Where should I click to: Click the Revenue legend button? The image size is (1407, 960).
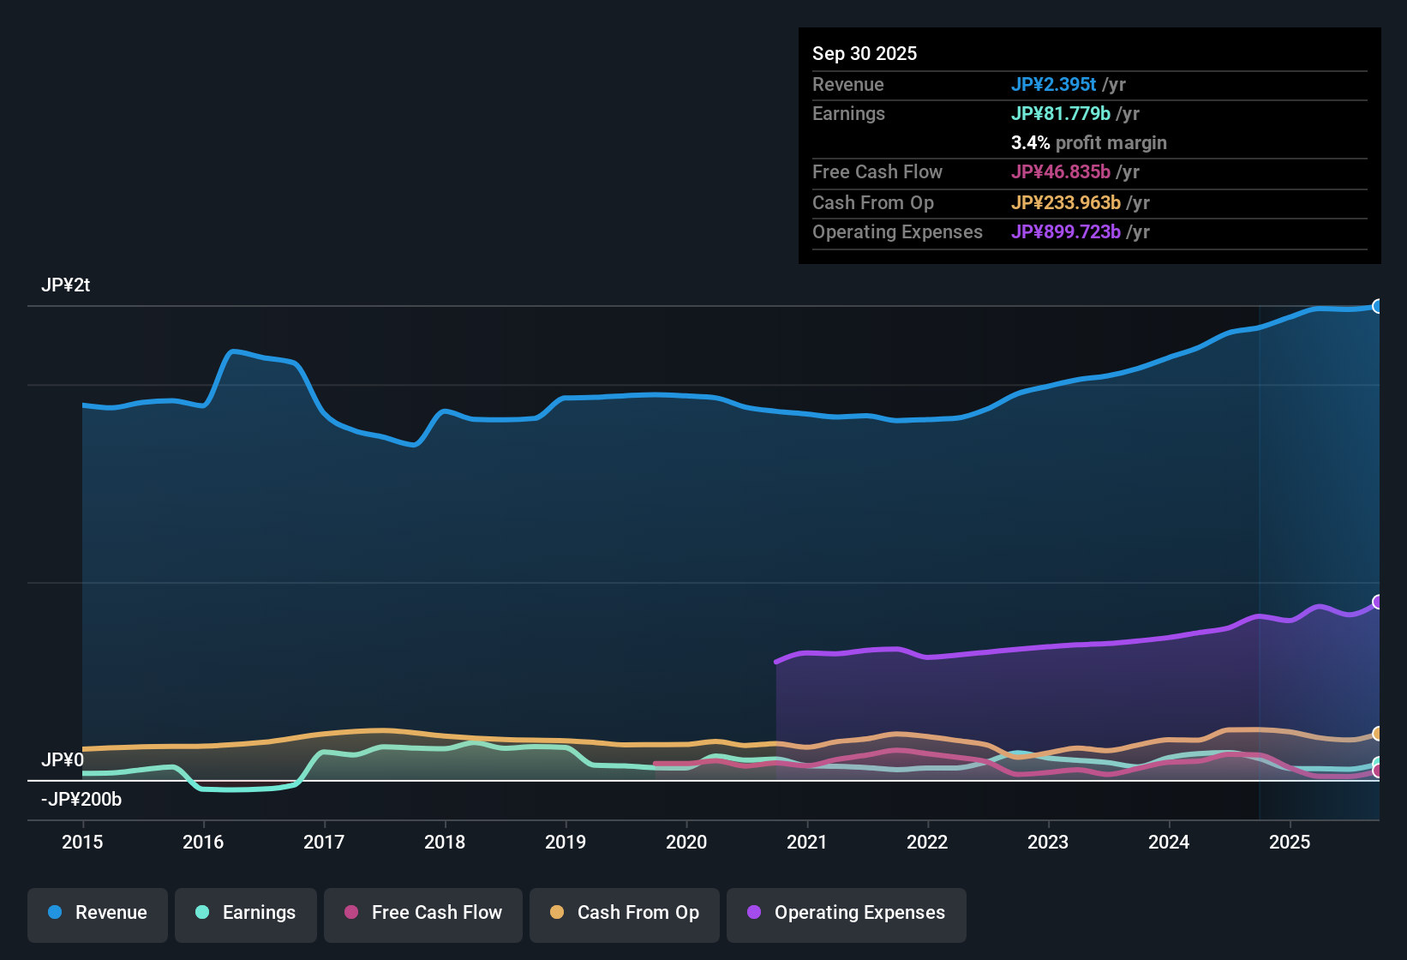coord(98,913)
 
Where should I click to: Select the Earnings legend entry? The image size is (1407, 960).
coord(246,913)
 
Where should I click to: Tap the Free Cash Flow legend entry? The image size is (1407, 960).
coord(423,913)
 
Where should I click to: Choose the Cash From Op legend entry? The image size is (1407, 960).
coord(625,913)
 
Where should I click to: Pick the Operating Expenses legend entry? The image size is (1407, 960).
coord(847,913)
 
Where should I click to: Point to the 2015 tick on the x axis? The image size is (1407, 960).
coord(82,842)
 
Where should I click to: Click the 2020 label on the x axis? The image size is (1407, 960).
coord(686,842)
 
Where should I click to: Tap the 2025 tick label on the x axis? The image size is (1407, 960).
coord(1290,842)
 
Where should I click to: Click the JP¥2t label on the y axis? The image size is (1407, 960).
coord(66,285)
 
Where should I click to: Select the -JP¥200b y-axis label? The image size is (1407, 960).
coord(82,799)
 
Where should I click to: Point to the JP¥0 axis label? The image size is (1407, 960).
coord(63,760)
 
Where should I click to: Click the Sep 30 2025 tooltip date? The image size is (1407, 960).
coord(865,53)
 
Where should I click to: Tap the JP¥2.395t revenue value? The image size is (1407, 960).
coord(1053,84)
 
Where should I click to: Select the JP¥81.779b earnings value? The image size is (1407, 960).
coord(1060,113)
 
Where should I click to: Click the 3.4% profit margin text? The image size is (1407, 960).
coord(1088,142)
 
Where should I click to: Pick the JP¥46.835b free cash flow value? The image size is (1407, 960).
coord(1060,171)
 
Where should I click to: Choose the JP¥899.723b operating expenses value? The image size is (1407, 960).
coord(1065,231)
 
